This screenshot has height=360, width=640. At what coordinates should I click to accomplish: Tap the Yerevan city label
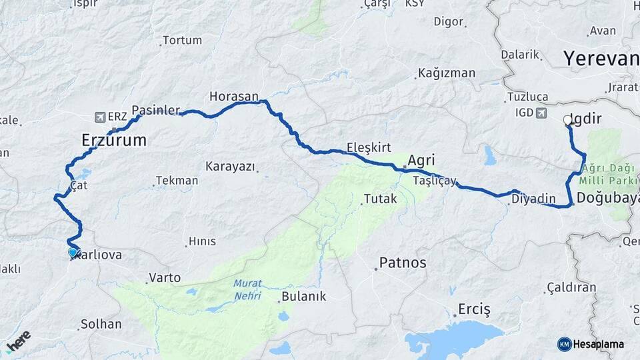[x=601, y=59]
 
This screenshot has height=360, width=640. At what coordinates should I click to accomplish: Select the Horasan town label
[x=233, y=97]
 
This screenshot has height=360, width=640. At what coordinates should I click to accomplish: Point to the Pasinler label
[x=156, y=109]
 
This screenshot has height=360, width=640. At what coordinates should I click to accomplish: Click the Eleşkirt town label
[x=369, y=147]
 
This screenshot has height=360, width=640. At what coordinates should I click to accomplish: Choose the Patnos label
[x=402, y=262]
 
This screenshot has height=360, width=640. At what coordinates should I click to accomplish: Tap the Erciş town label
[x=474, y=309]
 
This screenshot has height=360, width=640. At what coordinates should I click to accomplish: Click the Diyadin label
[x=533, y=199]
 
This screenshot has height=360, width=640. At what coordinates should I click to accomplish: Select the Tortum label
[x=182, y=41]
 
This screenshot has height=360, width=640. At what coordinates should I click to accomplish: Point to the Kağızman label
[x=446, y=73]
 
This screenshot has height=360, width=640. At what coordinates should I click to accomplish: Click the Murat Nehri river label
[x=247, y=289]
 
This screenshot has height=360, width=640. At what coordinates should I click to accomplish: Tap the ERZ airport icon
[x=101, y=117]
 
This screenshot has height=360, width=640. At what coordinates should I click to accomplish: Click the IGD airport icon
[x=540, y=113]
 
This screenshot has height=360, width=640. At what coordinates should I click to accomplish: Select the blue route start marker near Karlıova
[x=73, y=253]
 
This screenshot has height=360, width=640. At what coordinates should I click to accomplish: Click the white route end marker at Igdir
[x=568, y=121]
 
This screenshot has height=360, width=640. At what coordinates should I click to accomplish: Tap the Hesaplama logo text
[x=598, y=344]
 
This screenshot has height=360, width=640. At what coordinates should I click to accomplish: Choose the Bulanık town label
[x=304, y=297]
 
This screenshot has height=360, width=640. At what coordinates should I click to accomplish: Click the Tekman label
[x=177, y=181]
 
